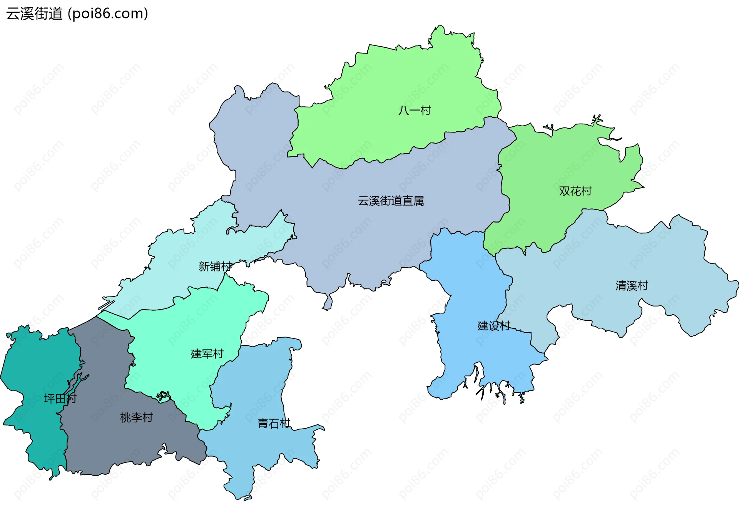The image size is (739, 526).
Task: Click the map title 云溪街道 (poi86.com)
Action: pyautogui.click(x=77, y=14)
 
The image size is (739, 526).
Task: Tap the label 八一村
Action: pyautogui.click(x=415, y=111)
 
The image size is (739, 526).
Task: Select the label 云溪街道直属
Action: pyautogui.click(x=391, y=201)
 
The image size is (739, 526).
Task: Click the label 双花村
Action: pyautogui.click(x=575, y=191)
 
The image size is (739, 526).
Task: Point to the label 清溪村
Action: pyautogui.click(x=632, y=286)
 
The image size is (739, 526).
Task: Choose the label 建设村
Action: pyautogui.click(x=494, y=326)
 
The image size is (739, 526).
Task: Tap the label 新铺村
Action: pyautogui.click(x=215, y=266)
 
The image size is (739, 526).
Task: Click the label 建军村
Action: pyautogui.click(x=207, y=354)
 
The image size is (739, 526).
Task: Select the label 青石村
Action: pyautogui.click(x=274, y=424)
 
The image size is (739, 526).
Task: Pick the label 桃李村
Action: pyautogui.click(x=136, y=418)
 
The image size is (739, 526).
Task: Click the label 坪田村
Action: pyautogui.click(x=60, y=399)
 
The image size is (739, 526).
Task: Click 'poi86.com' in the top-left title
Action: pyautogui.click(x=108, y=14)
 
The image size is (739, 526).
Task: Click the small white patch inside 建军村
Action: pyautogui.click(x=163, y=396)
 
